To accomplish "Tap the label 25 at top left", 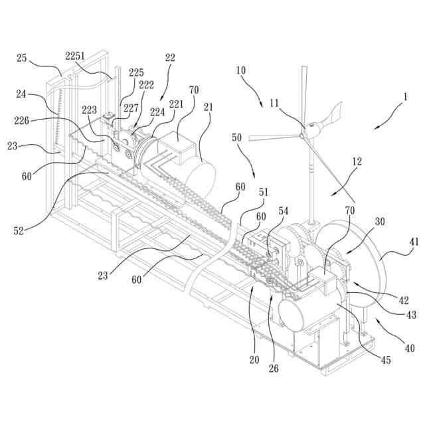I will pos(21,58).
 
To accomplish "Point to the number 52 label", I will pos(20,230).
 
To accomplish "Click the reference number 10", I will pos(240,69).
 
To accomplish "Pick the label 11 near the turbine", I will pos(274,103).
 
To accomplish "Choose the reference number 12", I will pos(356,162).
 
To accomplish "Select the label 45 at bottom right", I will pos(386,361).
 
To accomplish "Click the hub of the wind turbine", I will pos(303,134).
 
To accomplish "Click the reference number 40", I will pos(409,347).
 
